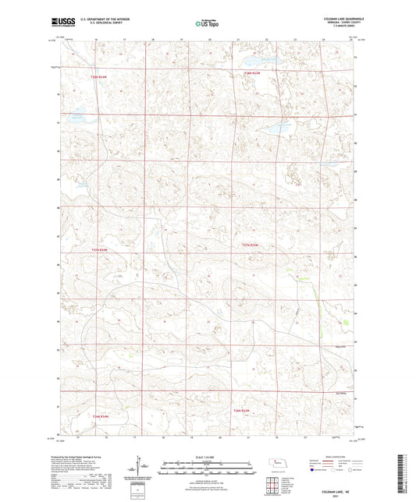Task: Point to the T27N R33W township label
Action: (249, 246)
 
